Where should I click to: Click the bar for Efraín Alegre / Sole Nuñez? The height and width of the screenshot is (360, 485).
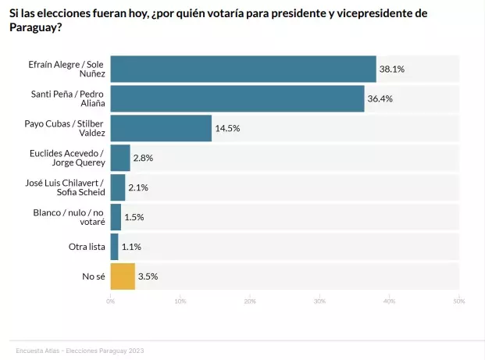(243, 69)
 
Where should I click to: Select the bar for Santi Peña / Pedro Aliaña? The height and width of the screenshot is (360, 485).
(237, 98)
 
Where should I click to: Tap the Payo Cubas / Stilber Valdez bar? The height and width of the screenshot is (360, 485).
(161, 128)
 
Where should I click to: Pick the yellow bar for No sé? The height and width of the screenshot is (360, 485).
(123, 276)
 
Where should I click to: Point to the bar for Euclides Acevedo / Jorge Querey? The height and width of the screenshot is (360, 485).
(120, 158)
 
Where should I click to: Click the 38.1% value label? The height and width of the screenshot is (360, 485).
(391, 70)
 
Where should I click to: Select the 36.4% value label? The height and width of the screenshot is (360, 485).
(380, 99)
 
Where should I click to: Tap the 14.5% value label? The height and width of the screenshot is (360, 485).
(226, 128)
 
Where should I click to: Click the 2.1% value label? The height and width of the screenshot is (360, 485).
(138, 187)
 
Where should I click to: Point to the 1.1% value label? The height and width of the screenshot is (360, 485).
(132, 247)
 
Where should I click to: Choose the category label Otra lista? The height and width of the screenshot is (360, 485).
(87, 247)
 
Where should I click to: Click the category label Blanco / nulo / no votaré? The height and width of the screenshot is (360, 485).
(69, 217)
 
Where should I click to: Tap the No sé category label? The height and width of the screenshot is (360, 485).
(95, 276)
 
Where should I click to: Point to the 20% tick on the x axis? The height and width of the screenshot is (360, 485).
(250, 301)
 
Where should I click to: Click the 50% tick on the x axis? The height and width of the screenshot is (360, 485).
(459, 301)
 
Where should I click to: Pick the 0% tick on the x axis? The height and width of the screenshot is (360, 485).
(111, 301)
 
